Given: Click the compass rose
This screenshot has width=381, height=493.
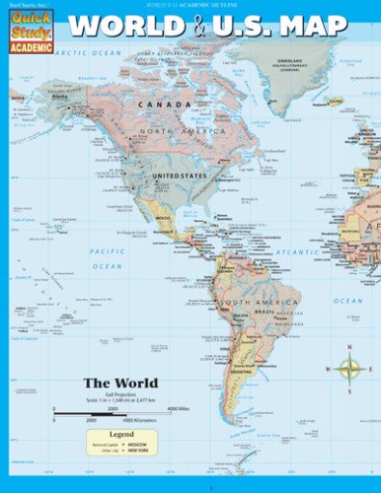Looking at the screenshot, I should [349, 370].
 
